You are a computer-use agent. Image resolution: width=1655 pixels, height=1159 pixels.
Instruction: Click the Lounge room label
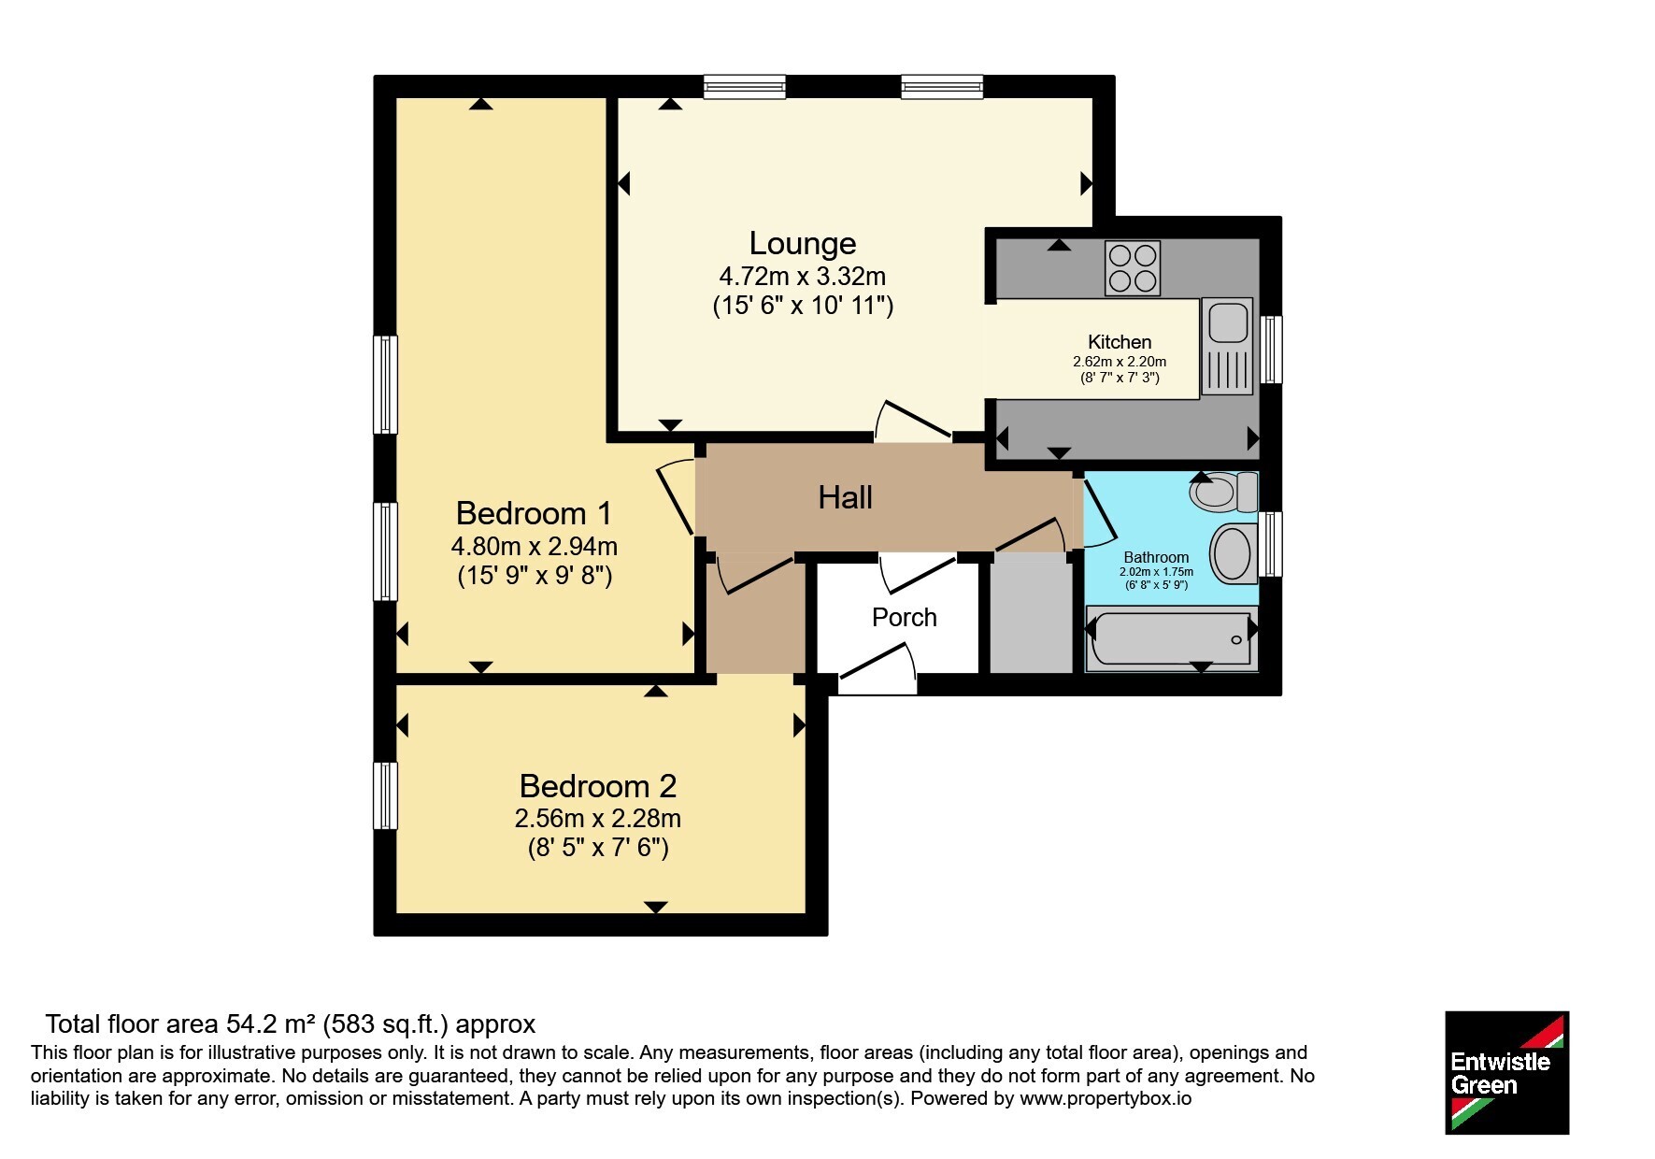(803, 243)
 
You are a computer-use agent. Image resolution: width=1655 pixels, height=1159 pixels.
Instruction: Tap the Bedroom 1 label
(534, 513)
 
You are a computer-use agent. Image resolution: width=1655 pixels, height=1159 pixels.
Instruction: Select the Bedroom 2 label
(597, 786)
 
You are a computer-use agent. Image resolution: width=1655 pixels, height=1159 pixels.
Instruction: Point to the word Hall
(845, 497)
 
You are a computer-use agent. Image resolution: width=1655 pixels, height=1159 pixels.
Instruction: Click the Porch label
(904, 617)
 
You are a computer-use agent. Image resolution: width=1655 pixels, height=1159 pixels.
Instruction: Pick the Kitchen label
(1120, 342)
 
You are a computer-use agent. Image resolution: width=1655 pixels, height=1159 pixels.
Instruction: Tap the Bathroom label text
(1156, 557)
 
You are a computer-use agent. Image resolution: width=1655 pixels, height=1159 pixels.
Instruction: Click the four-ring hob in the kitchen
(1133, 268)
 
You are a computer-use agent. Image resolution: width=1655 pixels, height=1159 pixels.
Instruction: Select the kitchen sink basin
(1228, 322)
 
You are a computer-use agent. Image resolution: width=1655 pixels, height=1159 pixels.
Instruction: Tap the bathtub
(1171, 639)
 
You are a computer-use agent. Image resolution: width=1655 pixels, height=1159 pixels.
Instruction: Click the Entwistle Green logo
(1506, 1073)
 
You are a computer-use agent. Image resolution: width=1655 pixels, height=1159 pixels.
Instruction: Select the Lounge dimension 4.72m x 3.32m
(802, 277)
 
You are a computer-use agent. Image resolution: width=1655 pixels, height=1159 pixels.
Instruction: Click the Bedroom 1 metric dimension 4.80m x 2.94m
(534, 546)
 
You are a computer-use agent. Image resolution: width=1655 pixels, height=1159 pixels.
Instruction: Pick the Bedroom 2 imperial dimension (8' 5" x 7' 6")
(597, 848)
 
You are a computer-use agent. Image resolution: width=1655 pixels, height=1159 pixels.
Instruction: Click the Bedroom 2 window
(385, 796)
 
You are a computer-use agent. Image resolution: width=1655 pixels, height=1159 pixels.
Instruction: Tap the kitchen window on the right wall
(1271, 350)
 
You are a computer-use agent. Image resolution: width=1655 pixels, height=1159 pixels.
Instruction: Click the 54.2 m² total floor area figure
(270, 1024)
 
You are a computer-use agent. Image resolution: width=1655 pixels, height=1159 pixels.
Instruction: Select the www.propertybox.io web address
(1106, 1098)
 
